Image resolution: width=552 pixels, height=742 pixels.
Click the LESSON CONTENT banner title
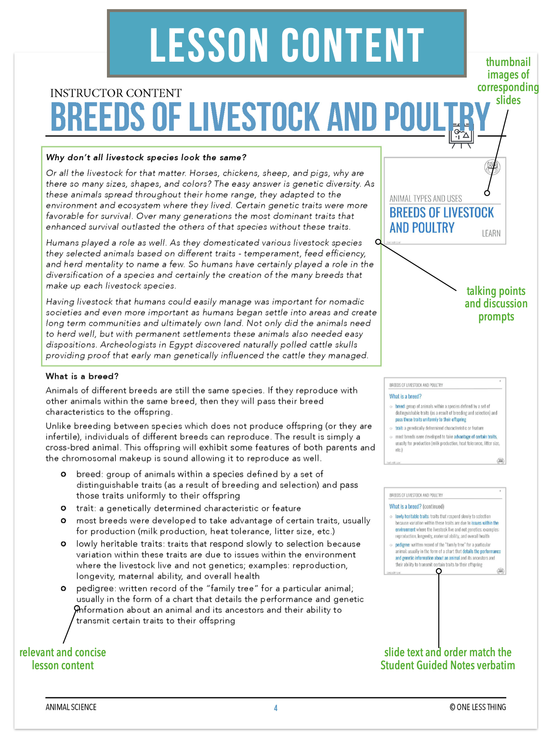coord(287,45)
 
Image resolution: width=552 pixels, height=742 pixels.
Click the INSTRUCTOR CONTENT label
coord(116,93)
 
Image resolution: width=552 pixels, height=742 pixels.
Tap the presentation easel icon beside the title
coord(461,137)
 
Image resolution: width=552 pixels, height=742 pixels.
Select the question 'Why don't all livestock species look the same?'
coord(146,158)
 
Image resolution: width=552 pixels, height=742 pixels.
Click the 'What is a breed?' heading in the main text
coord(82,376)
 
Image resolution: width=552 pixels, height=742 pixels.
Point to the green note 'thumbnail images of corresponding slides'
coord(508,81)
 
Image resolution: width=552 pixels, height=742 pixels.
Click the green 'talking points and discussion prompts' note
coord(496,304)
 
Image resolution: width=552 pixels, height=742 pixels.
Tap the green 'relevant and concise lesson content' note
coord(63,659)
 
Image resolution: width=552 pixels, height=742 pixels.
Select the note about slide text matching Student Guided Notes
coord(447,659)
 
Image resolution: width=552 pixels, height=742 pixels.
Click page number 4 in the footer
coord(276,708)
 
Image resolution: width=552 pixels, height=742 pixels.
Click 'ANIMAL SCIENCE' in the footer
coord(71,707)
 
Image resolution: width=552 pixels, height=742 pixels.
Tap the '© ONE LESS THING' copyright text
coord(477,707)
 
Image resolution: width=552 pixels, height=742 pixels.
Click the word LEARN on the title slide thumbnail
coord(491,233)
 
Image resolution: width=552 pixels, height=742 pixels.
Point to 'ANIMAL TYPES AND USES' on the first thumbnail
coord(425,199)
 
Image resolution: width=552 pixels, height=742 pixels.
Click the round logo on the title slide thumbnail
coord(492,167)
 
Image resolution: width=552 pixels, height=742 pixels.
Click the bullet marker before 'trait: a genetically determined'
coord(63,508)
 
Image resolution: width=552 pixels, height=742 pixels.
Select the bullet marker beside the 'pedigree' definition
coord(63,588)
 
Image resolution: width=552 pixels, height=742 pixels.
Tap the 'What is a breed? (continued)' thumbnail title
coord(417,506)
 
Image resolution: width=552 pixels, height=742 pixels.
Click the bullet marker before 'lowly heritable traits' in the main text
coord(63,544)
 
